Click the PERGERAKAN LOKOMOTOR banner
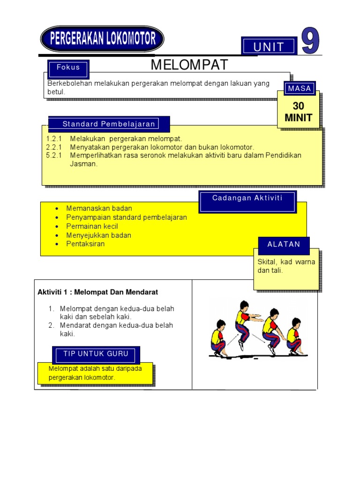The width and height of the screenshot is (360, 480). tap(102, 38)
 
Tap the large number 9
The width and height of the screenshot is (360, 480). tap(310, 41)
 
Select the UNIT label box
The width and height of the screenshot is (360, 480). tap(269, 46)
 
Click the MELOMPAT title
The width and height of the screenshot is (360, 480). tap(189, 65)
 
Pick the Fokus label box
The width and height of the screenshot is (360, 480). tap(68, 67)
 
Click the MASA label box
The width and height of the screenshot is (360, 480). tap(300, 88)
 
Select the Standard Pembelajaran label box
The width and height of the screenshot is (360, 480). tap(109, 124)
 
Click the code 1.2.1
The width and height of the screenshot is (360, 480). tap(54, 139)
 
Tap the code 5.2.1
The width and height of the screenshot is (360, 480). tap(54, 155)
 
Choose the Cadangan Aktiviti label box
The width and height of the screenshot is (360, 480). tap(247, 198)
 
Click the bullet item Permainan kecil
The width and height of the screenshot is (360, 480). tap(92, 226)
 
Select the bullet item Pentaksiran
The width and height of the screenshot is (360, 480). tap(86, 244)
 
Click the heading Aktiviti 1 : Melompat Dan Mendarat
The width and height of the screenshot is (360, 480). tap(98, 292)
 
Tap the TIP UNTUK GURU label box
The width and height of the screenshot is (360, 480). tap(96, 354)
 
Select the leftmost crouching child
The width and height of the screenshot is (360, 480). tap(218, 338)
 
